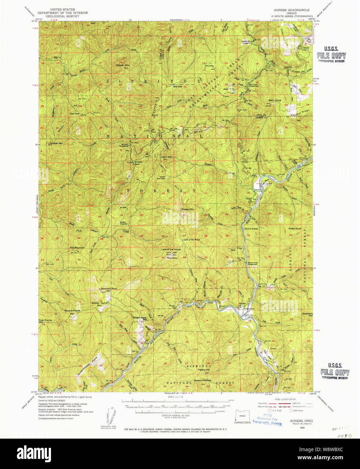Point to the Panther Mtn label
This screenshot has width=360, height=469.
(x=56, y=143)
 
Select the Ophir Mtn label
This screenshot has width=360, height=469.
(x=166, y=157)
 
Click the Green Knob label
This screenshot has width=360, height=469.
(x=294, y=228)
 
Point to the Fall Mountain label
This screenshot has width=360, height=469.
(x=77, y=248)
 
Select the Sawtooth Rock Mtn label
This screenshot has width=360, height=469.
(x=108, y=289)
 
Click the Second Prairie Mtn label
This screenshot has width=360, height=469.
(x=72, y=312)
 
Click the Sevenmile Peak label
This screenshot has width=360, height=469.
(x=202, y=380)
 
